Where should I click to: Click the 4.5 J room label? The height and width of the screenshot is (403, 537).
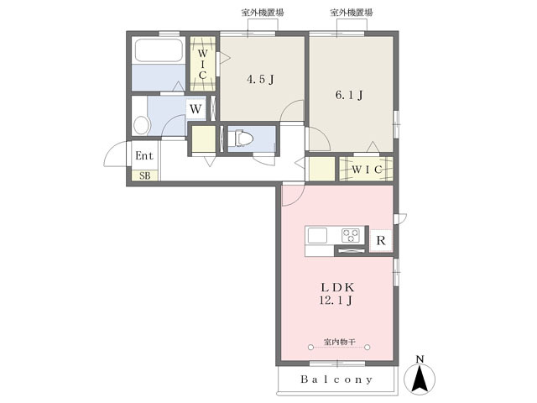pos(261,80)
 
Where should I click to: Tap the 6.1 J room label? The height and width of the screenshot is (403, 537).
pos(349,95)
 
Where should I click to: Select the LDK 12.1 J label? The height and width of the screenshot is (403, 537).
pos(337,294)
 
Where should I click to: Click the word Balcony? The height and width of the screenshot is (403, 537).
pos(336,379)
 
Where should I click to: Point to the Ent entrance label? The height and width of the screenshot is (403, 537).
pos(144,155)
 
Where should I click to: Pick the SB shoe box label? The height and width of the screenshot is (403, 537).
pos(145,175)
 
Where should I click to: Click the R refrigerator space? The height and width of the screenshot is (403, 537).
pos(381,240)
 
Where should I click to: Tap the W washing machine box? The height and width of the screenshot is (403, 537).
pos(196,109)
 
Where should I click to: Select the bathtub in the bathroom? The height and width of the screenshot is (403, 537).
pos(159,50)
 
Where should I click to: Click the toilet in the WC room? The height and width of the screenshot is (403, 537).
pos(241,139)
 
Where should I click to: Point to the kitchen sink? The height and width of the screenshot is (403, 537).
pos(317,235)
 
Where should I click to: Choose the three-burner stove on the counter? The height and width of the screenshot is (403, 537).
pos(351,235)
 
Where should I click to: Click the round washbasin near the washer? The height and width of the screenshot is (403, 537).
pos(142,125)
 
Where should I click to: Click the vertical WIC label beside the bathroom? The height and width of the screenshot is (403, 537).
pos(202,65)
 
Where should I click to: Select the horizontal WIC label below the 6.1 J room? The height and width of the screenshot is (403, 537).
pos(367,170)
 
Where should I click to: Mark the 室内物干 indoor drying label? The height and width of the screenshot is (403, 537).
pos(339,342)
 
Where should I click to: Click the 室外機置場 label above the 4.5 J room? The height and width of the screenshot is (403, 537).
pos(263,13)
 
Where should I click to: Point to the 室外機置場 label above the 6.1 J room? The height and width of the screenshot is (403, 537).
pos(352,13)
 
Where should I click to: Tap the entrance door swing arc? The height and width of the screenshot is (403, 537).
pos(112,150)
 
